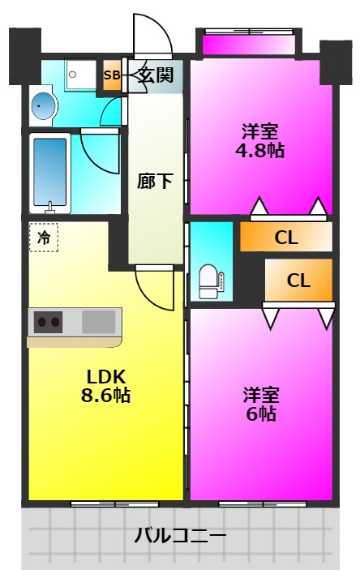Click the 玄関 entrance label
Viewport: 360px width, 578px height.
pyautogui.click(x=156, y=75)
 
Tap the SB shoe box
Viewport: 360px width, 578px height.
pyautogui.click(x=112, y=75)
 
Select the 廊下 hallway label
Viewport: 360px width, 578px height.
pyautogui.click(x=155, y=181)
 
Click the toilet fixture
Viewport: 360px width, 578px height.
pyautogui.click(x=208, y=281)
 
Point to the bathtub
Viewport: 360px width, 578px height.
pyautogui.click(x=49, y=173)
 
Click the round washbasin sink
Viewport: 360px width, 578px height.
pyautogui.click(x=43, y=105)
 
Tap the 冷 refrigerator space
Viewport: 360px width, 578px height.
pyautogui.click(x=44, y=238)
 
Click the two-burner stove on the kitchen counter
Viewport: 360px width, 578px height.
pyautogui.click(x=49, y=322)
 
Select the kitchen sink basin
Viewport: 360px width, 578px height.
pyautogui.click(x=98, y=322)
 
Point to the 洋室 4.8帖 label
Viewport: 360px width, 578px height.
pyautogui.click(x=260, y=141)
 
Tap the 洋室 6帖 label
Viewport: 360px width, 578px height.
pyautogui.click(x=260, y=405)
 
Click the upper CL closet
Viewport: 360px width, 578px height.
pyautogui.click(x=286, y=237)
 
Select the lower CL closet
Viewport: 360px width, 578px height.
pyautogui.click(x=298, y=280)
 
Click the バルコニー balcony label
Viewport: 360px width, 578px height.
pyautogui.click(x=180, y=535)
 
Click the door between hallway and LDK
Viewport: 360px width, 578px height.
pyautogui.click(x=155, y=288)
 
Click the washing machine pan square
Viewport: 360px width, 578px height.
pyautogui.click(x=81, y=75)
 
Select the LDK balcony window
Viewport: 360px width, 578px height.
pyautogui.click(x=114, y=503)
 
